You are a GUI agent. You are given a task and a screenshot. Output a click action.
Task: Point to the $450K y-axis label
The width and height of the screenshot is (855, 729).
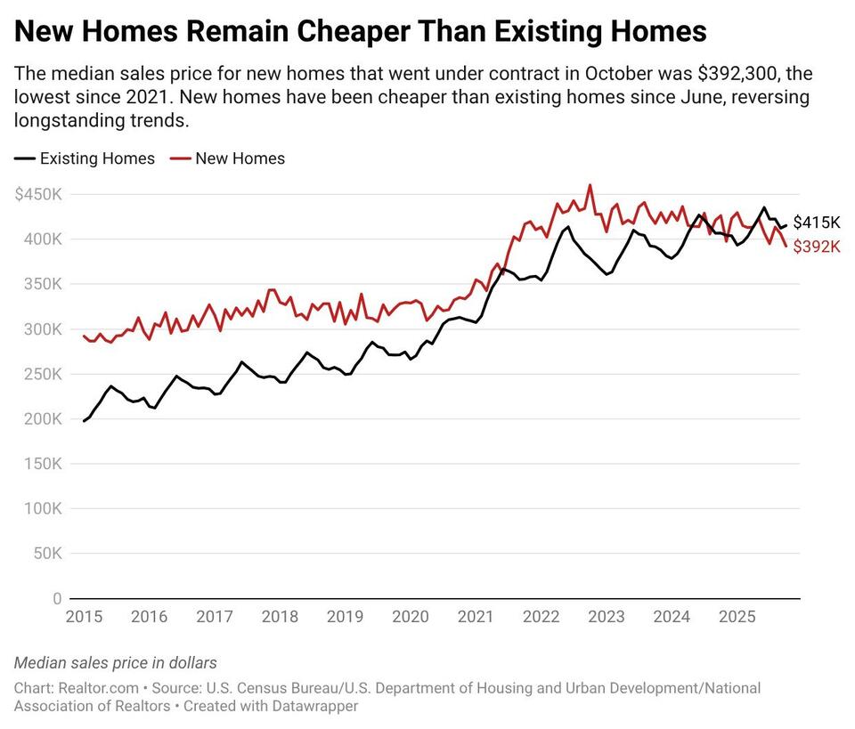(38, 194)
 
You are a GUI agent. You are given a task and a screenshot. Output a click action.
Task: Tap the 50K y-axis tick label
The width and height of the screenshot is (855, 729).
(46, 554)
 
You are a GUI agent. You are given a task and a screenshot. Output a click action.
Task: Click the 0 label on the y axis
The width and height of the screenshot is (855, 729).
(57, 599)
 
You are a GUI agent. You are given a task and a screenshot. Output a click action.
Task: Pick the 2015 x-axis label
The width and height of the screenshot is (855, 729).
(83, 617)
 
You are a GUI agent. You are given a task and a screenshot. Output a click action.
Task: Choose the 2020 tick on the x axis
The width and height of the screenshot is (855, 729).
(411, 617)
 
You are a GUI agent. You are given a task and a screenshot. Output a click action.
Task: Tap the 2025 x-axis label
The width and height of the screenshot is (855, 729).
(737, 617)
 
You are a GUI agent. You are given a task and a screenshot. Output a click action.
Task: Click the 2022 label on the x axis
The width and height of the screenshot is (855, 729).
(541, 617)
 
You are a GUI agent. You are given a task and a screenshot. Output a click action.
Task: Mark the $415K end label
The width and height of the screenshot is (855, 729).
(817, 223)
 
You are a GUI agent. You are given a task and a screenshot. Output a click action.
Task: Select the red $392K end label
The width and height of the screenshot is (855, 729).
(817, 247)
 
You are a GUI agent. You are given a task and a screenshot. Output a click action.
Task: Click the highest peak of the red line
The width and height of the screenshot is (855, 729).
(590, 185)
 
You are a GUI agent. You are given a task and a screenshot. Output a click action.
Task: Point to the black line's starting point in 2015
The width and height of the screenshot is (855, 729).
(84, 421)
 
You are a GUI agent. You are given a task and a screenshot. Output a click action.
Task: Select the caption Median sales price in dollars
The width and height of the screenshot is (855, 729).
(116, 663)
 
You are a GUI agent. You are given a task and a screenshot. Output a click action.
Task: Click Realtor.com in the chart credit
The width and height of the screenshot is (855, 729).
(98, 688)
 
